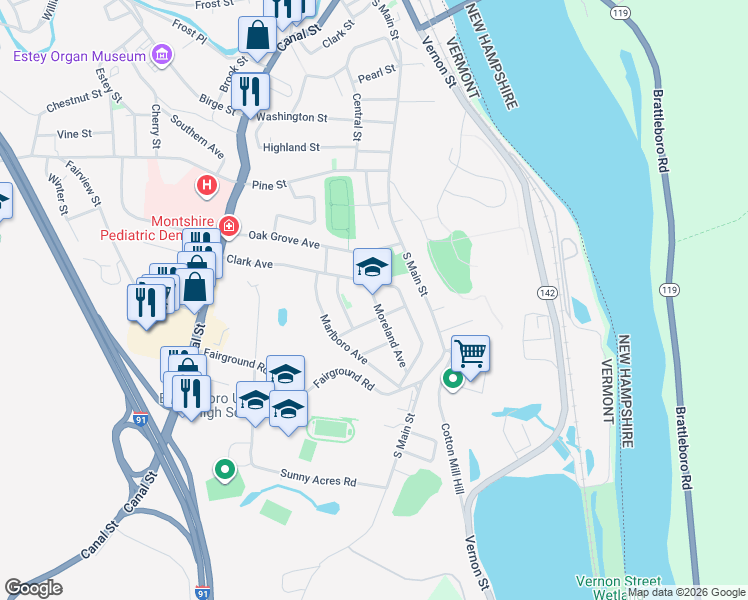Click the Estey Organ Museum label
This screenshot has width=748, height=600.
[79, 57]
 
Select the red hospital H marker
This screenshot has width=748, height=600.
[206, 185]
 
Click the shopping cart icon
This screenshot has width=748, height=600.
[469, 352]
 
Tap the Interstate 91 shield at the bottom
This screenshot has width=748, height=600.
[203, 592]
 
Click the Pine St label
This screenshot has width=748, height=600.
[269, 185]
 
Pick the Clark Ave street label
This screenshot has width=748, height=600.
[250, 263]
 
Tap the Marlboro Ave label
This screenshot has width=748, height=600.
[343, 340]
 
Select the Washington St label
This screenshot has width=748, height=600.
[292, 117]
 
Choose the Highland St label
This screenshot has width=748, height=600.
[291, 147]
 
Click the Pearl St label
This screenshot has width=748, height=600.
[377, 73]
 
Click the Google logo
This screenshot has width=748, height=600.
[33, 588]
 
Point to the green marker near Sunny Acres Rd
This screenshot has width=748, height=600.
[225, 468]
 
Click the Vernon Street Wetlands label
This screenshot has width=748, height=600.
[618, 587]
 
